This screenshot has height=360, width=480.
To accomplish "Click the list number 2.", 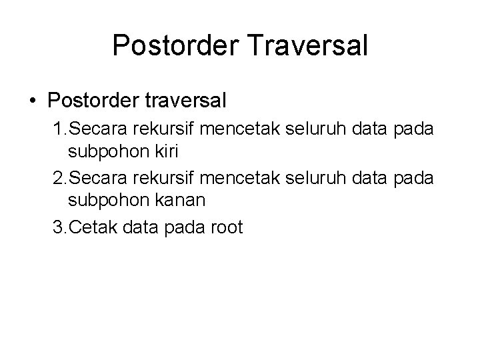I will (x=58, y=179).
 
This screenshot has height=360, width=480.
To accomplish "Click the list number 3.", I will (x=58, y=228).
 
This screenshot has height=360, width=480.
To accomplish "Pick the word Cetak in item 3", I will (x=90, y=228).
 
